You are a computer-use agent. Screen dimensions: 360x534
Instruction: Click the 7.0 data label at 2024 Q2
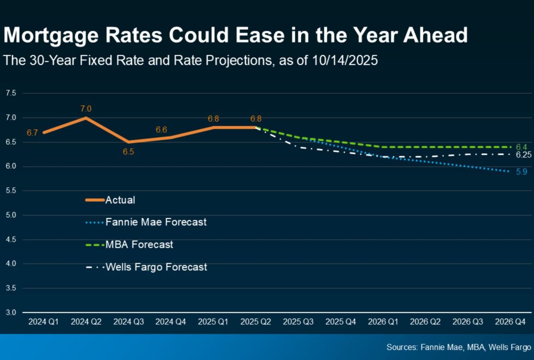tap(86, 109)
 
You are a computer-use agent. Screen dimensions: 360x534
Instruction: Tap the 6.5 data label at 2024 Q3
tap(128, 152)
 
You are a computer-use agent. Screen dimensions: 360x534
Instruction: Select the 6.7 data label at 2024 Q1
tap(32, 133)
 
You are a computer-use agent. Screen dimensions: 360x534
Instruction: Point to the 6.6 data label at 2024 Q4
tap(161, 129)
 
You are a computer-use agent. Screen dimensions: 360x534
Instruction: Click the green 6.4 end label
tap(521, 147)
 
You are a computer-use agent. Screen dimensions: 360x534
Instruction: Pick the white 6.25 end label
tap(523, 155)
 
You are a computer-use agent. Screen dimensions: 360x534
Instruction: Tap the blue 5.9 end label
tap(521, 172)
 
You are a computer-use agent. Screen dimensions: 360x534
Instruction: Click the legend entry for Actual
tap(120, 200)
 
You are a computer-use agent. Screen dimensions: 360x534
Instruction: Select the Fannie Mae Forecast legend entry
tap(155, 222)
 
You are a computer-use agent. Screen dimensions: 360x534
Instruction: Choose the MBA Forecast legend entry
tap(139, 244)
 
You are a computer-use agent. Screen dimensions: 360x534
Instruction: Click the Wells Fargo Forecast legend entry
tap(156, 267)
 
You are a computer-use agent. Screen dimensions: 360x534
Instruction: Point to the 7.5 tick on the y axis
tap(11, 93)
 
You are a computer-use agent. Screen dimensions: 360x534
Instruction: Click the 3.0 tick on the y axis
tap(11, 313)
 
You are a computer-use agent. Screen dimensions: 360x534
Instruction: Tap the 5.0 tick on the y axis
tap(11, 215)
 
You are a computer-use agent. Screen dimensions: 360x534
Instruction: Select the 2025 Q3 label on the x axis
tap(298, 322)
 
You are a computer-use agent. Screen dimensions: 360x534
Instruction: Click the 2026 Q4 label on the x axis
tap(511, 322)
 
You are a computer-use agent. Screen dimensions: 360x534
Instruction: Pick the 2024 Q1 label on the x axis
tap(43, 322)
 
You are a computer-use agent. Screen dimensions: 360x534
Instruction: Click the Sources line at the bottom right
tap(458, 347)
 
